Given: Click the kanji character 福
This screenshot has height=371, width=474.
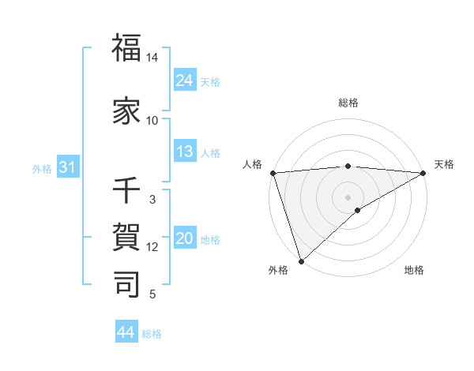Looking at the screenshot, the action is pos(127,48).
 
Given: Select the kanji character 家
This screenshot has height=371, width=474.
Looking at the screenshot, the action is pos(127,111).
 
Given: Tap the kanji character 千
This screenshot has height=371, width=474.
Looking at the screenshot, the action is pos(127,191).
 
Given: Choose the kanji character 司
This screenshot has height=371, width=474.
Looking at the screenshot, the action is pos(127,283).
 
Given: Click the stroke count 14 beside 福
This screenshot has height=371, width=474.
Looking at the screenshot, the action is pos(152,58).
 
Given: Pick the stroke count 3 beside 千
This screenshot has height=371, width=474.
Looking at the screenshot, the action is pos(152,200).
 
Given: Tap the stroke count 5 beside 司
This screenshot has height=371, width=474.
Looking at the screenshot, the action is pos(152,294).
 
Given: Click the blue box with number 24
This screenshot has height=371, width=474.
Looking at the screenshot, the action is pos(185,80).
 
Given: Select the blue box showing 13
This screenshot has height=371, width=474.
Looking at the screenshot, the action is pos(185,152).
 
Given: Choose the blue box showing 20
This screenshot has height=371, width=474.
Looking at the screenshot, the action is pos(185,238).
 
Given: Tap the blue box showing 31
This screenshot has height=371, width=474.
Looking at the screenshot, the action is pos(66,167).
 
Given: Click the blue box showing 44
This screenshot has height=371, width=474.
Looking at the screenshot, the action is pos(126,332).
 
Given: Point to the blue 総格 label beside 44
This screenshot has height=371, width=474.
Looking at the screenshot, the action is pos(152,334).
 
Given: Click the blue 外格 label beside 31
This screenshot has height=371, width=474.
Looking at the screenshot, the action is pos(42,168).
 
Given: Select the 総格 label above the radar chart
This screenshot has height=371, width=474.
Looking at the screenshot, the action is pos(348,103).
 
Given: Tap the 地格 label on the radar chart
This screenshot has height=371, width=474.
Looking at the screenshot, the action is pos(414,271).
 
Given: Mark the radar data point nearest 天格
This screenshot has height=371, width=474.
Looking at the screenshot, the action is pos(423,173).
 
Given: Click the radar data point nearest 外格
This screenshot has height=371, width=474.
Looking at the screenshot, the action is pos(301,261).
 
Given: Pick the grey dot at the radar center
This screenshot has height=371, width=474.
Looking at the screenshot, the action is pos(348,197).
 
